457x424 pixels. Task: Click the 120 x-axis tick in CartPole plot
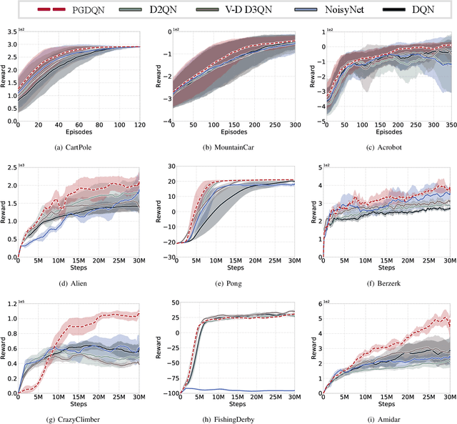(x=139, y=125)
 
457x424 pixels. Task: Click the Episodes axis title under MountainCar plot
(x=232, y=132)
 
